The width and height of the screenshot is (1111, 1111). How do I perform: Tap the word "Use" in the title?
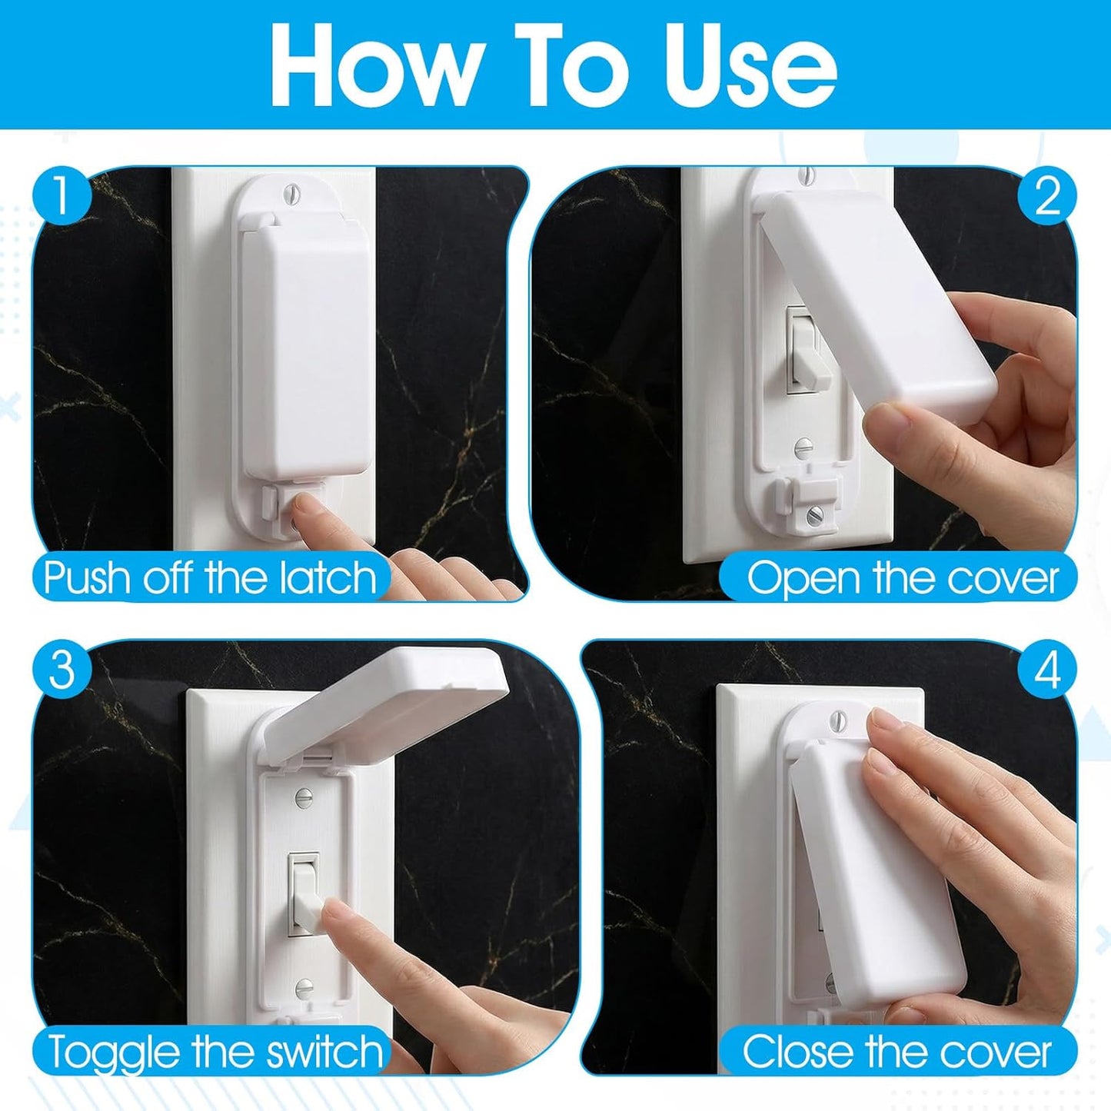(750, 65)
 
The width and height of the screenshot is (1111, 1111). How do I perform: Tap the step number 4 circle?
(1047, 670)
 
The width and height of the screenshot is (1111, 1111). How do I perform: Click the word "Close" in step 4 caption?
(799, 1052)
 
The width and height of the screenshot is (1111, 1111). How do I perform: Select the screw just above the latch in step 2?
(803, 446)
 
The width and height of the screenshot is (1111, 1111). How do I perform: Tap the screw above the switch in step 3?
(304, 799)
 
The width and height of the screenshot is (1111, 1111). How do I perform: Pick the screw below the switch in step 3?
(304, 987)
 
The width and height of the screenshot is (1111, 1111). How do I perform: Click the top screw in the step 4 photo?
(838, 719)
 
